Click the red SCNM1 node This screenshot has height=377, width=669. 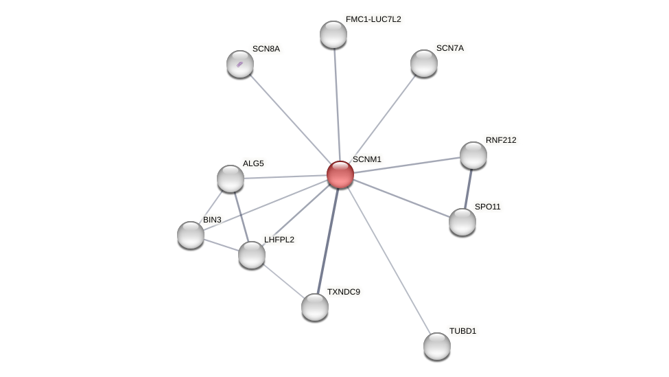(340, 174)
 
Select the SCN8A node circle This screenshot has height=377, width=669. (240, 64)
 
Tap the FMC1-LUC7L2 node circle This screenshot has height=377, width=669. (333, 34)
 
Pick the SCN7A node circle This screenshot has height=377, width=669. (424, 63)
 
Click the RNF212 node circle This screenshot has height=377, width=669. (473, 155)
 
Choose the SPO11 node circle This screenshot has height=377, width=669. (462, 222)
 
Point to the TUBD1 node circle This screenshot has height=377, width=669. (437, 346)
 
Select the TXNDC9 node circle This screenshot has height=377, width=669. (315, 307)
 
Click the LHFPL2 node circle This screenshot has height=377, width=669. (252, 255)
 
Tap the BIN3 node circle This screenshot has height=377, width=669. (191, 235)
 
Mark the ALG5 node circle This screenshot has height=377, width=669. (231, 179)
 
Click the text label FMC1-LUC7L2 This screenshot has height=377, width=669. (373, 19)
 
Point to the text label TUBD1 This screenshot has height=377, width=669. (462, 331)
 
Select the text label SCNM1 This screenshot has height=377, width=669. (366, 159)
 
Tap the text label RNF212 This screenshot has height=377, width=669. (501, 140)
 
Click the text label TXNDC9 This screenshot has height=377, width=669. (343, 292)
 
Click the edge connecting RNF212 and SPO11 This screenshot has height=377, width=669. (468, 188)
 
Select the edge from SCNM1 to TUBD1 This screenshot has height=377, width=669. (388, 260)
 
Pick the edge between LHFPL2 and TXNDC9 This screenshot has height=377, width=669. (283, 281)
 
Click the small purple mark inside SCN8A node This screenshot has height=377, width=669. (239, 65)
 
